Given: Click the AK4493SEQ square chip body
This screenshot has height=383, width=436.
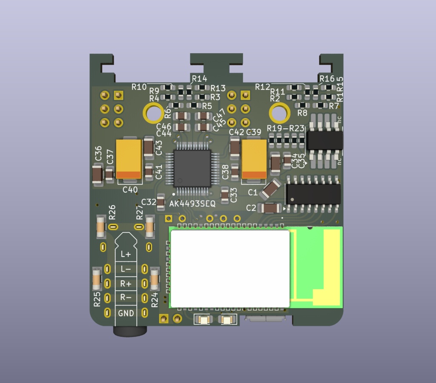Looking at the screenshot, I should [x=192, y=168].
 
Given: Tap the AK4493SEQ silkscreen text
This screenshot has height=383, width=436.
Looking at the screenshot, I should [x=192, y=204].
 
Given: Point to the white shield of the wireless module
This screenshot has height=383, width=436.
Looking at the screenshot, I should [x=230, y=269].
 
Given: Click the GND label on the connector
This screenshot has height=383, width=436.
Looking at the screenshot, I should [x=126, y=313].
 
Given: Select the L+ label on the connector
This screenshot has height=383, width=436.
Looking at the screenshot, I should [x=126, y=254].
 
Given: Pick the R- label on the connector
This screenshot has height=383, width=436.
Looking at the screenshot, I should [x=126, y=298].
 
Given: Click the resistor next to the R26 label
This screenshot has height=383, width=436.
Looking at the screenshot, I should [x=100, y=227].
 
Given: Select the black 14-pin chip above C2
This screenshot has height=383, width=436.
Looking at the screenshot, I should [x=313, y=193].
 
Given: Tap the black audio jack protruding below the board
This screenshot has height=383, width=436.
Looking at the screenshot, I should [x=130, y=331].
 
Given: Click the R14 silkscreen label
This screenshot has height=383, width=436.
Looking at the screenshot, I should [x=199, y=79].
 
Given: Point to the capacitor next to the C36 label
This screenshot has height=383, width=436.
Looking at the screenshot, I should [x=97, y=174].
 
